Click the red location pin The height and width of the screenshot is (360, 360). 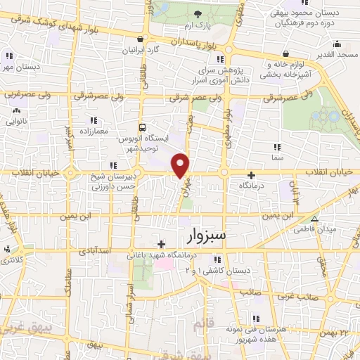pyautogui.click(x=181, y=165)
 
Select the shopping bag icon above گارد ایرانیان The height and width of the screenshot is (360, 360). pyautogui.click(x=142, y=39)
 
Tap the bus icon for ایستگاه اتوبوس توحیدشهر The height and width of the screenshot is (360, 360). pyautogui.click(x=142, y=128)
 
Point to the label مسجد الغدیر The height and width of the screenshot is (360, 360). pyautogui.click(x=336, y=54)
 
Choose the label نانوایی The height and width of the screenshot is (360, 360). pyautogui.click(x=17, y=121)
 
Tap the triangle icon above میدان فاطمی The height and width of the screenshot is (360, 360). pyautogui.click(x=314, y=219)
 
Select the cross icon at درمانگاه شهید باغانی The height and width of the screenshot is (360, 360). pyautogui.click(x=162, y=243)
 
